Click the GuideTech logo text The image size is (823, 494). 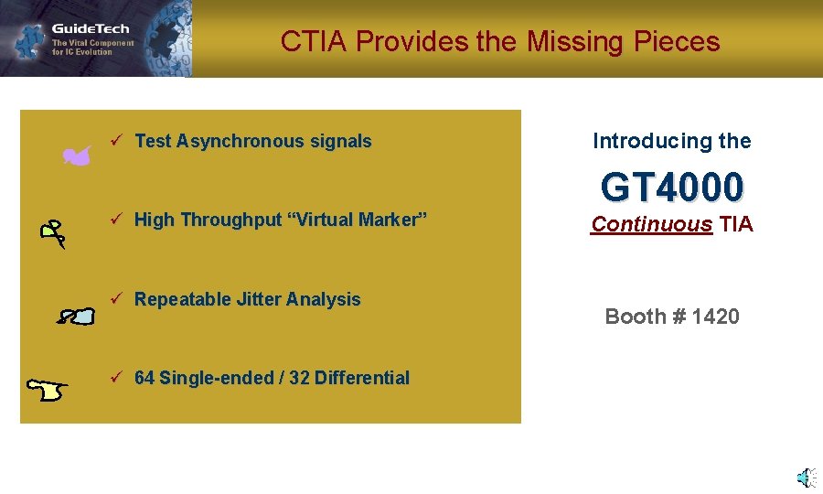(x=91, y=29)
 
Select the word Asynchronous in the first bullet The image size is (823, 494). (x=240, y=141)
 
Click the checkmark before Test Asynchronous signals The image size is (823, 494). (x=116, y=140)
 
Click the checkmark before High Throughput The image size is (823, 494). (x=116, y=219)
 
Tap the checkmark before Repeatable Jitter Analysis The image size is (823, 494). (x=116, y=298)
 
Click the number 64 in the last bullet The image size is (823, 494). (x=144, y=378)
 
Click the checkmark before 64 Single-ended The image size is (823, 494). (x=116, y=377)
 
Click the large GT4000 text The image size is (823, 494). (x=672, y=188)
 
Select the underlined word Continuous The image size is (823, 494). (x=651, y=224)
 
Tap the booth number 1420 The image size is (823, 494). (x=716, y=317)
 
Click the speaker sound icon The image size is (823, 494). (x=806, y=478)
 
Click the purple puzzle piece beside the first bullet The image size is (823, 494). (x=77, y=157)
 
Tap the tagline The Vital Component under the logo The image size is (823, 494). (x=92, y=43)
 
